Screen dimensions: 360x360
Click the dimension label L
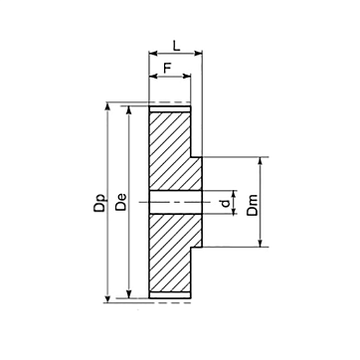(177, 46)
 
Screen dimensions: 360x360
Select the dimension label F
(167, 68)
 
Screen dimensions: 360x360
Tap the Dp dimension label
(99, 202)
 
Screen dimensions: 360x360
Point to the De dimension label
(121, 202)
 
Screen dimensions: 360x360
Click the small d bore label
(226, 203)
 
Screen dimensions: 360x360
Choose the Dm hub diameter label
(253, 206)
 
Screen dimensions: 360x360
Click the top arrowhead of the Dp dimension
(107, 106)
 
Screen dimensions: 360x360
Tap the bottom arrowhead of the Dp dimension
(107, 298)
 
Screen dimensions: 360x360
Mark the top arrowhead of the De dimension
(129, 110)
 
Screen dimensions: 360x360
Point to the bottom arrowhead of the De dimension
(129, 294)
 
